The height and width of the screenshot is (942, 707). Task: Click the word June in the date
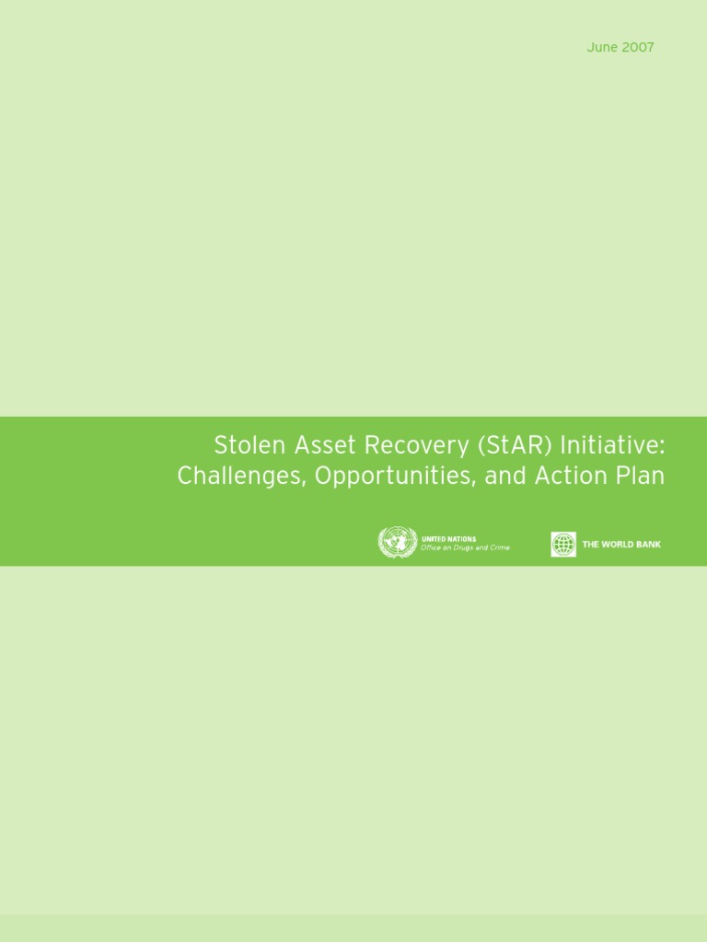click(x=602, y=47)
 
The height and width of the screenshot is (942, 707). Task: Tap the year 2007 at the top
click(x=637, y=47)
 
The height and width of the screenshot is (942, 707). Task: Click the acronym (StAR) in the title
click(x=518, y=447)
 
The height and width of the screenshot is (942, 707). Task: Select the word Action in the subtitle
click(x=570, y=477)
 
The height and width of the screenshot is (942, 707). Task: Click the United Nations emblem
click(x=397, y=543)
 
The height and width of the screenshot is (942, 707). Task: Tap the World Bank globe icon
click(x=563, y=545)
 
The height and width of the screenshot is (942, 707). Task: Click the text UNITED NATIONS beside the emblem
click(x=448, y=539)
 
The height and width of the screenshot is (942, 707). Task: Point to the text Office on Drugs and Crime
click(x=465, y=548)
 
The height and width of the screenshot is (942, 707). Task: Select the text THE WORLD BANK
click(x=621, y=545)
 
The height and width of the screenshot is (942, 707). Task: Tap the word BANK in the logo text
click(x=648, y=545)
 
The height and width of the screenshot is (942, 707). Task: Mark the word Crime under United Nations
click(x=498, y=548)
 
